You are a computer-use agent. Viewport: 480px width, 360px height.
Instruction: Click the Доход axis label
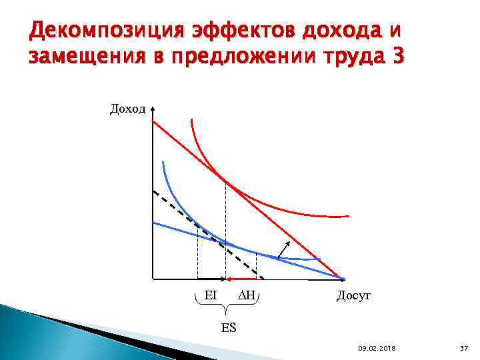(127, 109)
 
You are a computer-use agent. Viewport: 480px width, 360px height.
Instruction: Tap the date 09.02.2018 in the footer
(376, 348)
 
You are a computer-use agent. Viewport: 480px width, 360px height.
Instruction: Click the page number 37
(465, 348)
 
